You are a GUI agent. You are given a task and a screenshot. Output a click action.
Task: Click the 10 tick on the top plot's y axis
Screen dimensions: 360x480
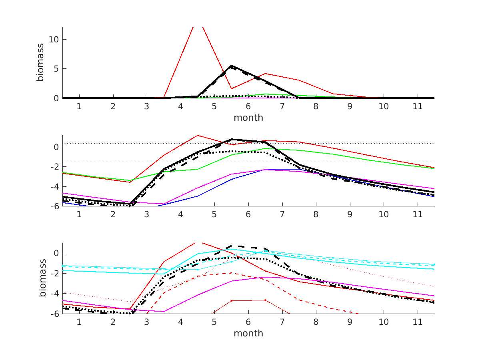(54, 40)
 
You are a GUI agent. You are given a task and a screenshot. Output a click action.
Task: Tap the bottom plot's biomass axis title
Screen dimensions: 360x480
(43, 278)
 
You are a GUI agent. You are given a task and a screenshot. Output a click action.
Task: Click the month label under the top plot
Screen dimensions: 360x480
(248, 118)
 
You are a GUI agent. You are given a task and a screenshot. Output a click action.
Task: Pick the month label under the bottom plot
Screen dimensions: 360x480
(248, 333)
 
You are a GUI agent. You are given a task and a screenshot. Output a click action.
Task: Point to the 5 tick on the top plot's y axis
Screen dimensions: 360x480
(56, 69)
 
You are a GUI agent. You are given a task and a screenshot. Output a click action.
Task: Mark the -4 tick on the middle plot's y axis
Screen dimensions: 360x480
(54, 186)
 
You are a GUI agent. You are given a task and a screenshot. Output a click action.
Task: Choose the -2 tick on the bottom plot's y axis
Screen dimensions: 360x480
(54, 273)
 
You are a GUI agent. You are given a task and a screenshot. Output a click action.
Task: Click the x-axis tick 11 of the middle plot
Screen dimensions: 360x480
(418, 214)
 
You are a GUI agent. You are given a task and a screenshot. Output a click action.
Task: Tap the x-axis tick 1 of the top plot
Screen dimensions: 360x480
(79, 106)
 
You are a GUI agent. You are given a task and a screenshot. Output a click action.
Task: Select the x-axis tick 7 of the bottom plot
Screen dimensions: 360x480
(282, 322)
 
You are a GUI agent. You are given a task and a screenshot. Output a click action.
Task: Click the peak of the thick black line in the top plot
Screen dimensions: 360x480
(232, 66)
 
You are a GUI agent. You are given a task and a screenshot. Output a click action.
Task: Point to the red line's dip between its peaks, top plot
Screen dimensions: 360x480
(232, 89)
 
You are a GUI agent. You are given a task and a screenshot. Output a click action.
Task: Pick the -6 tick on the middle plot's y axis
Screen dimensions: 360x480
(54, 206)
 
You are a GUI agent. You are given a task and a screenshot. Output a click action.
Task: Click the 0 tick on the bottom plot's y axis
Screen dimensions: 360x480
(56, 253)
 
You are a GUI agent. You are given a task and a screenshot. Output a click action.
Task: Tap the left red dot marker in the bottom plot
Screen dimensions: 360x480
(232, 300)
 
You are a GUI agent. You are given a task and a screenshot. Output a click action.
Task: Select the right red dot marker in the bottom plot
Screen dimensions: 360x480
(265, 300)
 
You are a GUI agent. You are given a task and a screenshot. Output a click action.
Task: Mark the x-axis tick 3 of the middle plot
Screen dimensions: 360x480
(147, 214)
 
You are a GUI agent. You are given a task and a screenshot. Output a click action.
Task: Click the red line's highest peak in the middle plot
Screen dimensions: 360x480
(198, 135)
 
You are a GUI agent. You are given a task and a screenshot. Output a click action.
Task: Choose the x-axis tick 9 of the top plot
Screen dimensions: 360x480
(350, 106)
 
